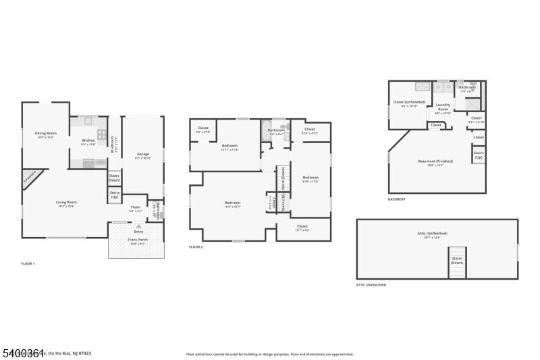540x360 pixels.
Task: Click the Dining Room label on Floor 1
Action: point(46,133)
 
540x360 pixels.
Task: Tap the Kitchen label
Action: point(88,140)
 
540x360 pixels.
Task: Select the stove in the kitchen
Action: point(101,134)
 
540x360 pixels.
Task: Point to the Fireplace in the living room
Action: point(29,179)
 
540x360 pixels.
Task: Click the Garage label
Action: point(143,155)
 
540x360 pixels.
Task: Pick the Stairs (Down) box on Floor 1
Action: point(114,178)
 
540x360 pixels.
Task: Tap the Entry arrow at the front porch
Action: point(138,226)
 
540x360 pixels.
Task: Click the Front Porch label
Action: point(137,240)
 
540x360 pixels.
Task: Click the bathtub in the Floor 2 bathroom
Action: point(265,133)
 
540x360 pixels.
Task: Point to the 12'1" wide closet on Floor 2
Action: point(303,228)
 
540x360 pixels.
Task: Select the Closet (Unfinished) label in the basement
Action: point(409,103)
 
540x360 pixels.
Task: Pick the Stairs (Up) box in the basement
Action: point(479,155)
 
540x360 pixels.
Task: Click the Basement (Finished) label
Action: point(435,162)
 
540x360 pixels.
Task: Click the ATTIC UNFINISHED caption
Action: point(371,285)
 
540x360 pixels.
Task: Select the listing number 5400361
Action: point(23,353)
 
